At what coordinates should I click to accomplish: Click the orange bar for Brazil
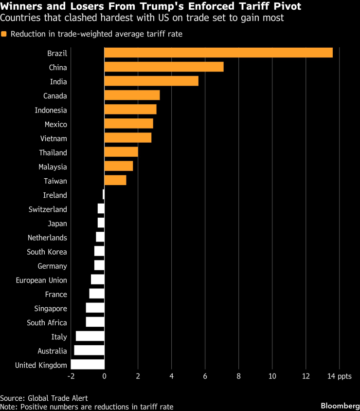(218, 53)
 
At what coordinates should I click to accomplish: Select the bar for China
(164, 67)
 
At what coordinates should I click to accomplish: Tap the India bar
(151, 81)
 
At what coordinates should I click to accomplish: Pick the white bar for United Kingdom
(88, 365)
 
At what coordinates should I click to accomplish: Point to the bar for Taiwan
(115, 180)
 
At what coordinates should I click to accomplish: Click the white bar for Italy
(90, 336)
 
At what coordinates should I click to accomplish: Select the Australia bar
(89, 351)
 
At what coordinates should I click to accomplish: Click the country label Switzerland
(48, 209)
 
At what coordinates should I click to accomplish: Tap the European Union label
(41, 280)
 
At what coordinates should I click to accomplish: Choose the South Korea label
(47, 252)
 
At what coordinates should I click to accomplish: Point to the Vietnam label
(54, 139)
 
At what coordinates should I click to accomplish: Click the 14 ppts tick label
(339, 376)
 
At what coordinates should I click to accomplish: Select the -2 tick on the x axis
(71, 376)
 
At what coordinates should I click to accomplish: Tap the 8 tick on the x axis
(238, 376)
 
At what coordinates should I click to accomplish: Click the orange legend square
(4, 34)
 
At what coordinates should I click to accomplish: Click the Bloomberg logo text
(337, 406)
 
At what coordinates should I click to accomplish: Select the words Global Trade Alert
(59, 398)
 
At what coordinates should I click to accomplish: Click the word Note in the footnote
(8, 407)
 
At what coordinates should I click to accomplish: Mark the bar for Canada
(132, 95)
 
